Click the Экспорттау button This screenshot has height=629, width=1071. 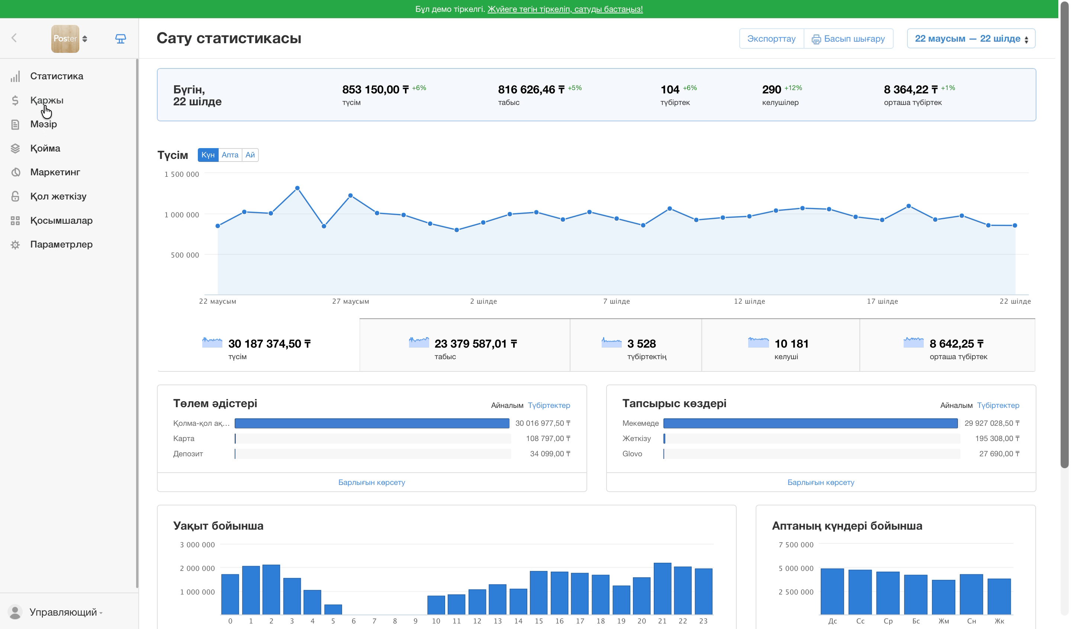click(x=771, y=39)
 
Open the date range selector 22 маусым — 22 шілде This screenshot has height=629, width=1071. click(x=971, y=39)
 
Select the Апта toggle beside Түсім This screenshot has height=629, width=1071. click(x=230, y=155)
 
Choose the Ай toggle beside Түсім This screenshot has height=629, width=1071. click(x=250, y=155)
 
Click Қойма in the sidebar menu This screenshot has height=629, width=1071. click(x=45, y=148)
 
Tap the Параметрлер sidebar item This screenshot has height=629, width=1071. click(x=61, y=245)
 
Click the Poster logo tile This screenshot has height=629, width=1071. click(x=65, y=39)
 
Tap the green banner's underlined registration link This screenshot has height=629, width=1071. click(x=565, y=9)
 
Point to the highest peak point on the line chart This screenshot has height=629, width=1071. click(x=297, y=188)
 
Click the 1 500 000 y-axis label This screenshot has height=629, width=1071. click(x=181, y=174)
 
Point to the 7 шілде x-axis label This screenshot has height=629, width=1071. click(x=616, y=301)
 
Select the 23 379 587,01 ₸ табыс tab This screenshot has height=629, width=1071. click(x=464, y=346)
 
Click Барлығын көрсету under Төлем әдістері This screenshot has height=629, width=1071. click(x=372, y=482)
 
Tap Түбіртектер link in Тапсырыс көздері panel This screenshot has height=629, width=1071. click(x=998, y=405)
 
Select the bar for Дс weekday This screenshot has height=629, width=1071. click(x=832, y=591)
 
